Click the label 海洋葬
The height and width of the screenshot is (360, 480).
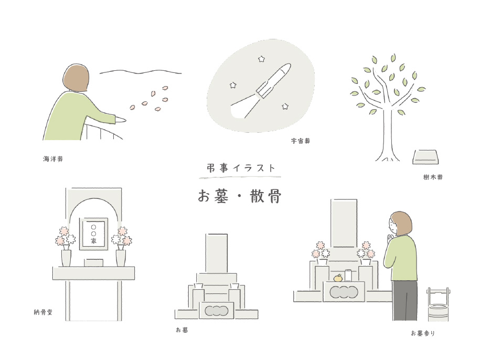click(53, 159)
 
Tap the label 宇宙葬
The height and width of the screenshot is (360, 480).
click(301, 141)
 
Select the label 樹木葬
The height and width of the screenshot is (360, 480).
click(433, 177)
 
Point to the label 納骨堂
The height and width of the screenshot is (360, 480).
click(43, 312)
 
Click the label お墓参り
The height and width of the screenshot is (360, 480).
click(423, 333)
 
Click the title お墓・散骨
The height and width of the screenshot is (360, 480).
click(240, 196)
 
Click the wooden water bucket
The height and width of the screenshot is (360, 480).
click(438, 304)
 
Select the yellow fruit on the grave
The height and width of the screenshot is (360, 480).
click(338, 278)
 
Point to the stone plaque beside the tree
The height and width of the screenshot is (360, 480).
click(425, 157)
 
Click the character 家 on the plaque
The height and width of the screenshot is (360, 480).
click(94, 241)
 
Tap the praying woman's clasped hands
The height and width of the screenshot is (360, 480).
click(390, 238)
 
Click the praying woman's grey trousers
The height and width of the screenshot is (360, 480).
click(404, 301)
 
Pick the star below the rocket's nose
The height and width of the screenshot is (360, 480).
click(285, 106)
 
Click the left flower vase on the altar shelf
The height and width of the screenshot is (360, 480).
click(66, 257)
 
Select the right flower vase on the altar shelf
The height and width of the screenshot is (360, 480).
click(121, 257)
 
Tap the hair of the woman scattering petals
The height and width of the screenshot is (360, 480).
click(76, 78)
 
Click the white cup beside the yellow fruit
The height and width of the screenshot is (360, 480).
click(348, 276)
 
